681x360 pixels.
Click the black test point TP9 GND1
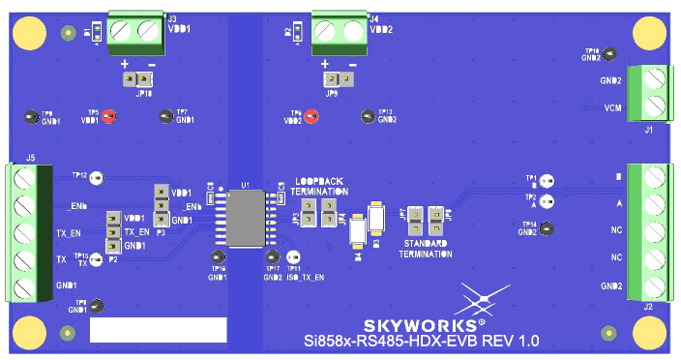32,117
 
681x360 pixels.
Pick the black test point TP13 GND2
367,117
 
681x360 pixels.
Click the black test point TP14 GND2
547,228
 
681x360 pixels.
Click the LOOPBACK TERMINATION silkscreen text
320,187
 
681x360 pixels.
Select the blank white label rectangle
158,329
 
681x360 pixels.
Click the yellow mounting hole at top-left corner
30,36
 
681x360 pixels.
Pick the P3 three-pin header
162,206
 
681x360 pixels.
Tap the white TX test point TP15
104,257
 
